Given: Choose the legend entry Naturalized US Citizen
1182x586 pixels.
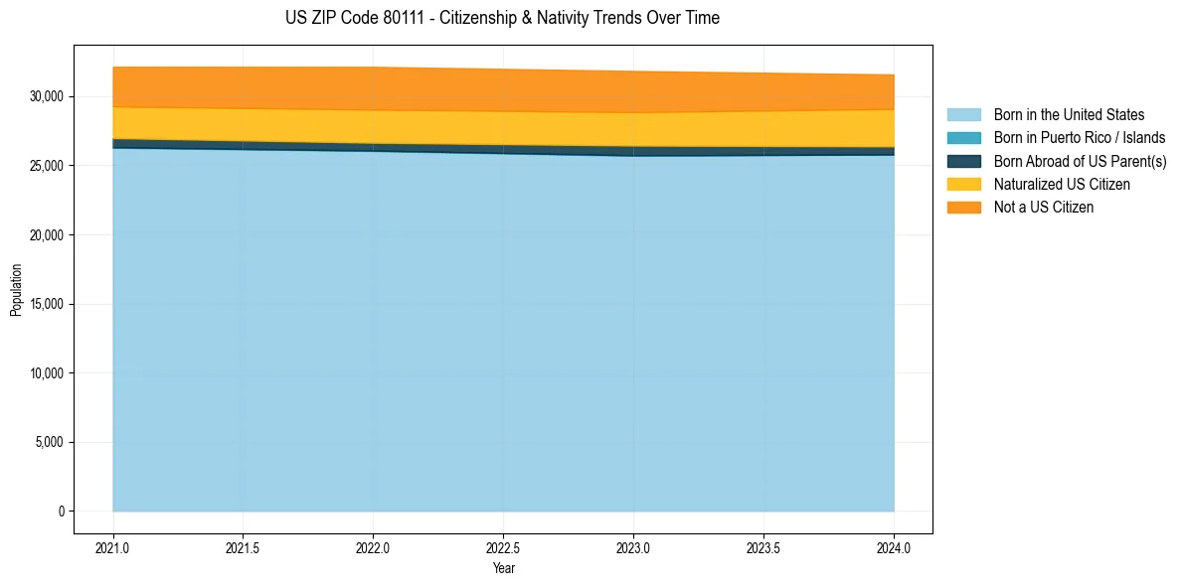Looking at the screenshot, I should pyautogui.click(x=1062, y=185).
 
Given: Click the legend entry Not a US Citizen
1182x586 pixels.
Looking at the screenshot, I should pyautogui.click(x=1044, y=208).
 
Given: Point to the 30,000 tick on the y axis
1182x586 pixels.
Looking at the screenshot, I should pyautogui.click(x=48, y=96).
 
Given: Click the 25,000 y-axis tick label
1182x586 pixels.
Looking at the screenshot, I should pyautogui.click(x=48, y=166).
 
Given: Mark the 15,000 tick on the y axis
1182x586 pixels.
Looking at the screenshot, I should pyautogui.click(x=48, y=304).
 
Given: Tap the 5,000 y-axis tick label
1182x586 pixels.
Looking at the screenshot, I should pyautogui.click(x=51, y=442).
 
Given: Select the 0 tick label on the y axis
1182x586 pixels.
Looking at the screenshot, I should pyautogui.click(x=61, y=512).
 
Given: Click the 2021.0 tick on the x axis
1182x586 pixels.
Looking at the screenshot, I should pyautogui.click(x=113, y=547).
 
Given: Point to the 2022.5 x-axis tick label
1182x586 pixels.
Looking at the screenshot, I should pyautogui.click(x=503, y=547).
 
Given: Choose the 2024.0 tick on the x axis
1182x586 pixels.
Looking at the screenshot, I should pyautogui.click(x=894, y=547).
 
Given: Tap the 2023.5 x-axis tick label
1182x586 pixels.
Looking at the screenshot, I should pyautogui.click(x=763, y=547).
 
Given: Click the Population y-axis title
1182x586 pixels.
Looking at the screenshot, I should pyautogui.click(x=16, y=290).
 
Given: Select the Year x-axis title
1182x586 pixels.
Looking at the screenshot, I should pyautogui.click(x=503, y=568).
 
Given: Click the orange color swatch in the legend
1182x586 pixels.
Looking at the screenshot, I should pyautogui.click(x=963, y=208).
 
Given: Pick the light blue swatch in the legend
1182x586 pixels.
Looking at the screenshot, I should pyautogui.click(x=963, y=115).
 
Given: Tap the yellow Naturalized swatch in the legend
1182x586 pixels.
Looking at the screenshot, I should pyautogui.click(x=963, y=185).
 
